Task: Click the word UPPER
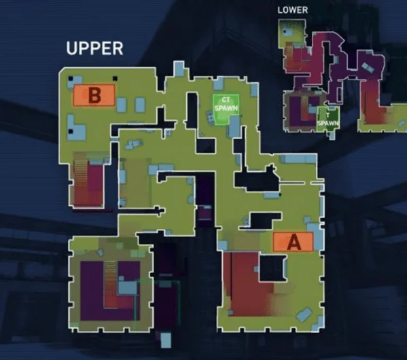(94, 48)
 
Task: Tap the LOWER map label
(293, 10)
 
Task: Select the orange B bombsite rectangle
(94, 95)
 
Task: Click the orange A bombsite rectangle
(294, 242)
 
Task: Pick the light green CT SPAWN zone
(226, 109)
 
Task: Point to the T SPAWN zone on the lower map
(328, 120)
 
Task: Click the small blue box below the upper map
(166, 340)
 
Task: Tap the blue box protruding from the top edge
(179, 69)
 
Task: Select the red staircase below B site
(88, 181)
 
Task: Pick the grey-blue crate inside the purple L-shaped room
(128, 287)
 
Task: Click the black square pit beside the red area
(272, 268)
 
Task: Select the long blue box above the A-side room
(298, 159)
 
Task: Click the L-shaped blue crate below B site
(76, 128)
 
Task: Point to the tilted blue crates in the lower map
(368, 67)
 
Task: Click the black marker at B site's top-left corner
(71, 78)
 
